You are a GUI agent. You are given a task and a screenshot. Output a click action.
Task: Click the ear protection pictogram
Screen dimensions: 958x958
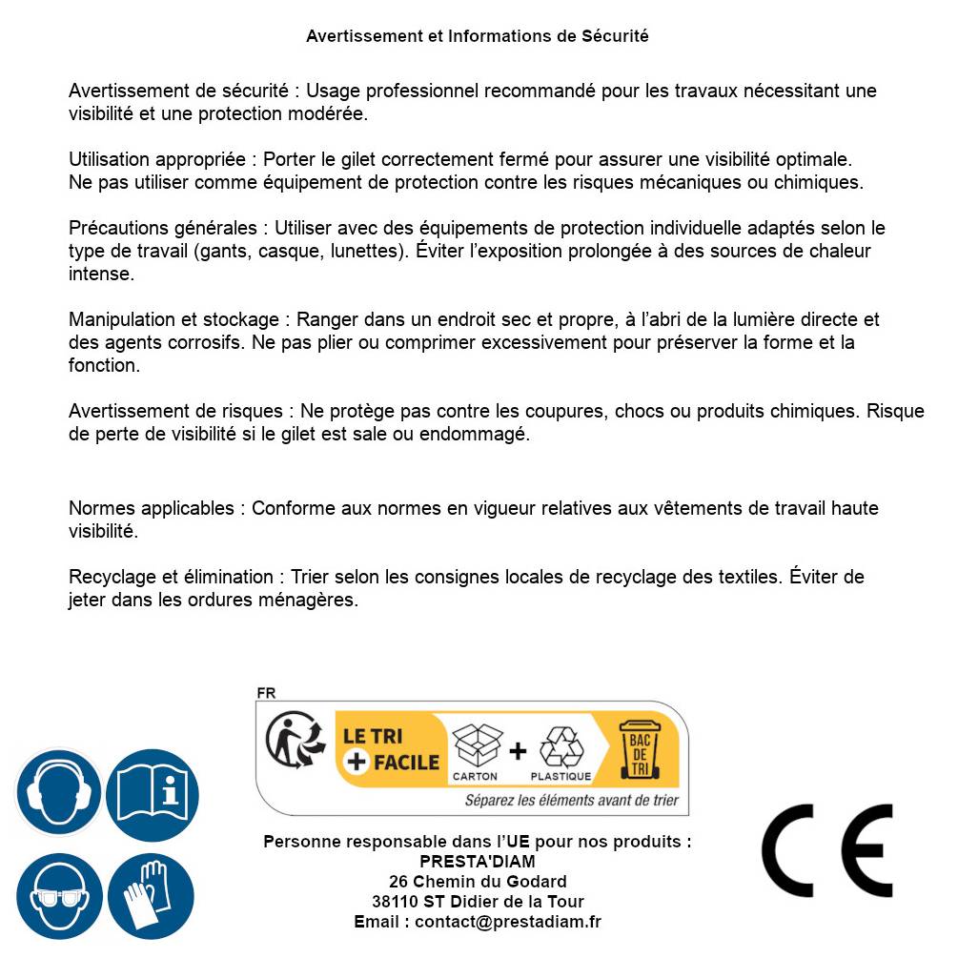coord(59,793)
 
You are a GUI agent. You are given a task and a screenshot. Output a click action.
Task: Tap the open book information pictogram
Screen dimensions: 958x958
coord(153,793)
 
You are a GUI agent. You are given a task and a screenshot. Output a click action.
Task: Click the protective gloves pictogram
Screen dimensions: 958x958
coord(151,896)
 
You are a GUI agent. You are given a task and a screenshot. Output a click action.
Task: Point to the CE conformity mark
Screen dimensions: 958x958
coord(827,851)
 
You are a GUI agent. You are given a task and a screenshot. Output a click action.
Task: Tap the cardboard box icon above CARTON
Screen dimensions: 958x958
coord(476,746)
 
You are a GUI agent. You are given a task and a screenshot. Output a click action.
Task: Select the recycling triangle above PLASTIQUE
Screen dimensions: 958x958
coord(561,746)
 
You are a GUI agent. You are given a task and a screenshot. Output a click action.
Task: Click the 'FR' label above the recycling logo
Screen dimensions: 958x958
coord(266,693)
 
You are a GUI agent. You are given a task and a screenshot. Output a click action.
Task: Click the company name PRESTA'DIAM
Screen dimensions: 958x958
coord(478,862)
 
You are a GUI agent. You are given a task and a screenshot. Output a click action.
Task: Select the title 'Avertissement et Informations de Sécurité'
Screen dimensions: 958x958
coord(478,36)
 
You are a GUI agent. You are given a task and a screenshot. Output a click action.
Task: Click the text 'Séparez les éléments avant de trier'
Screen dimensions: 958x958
coord(571,801)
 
